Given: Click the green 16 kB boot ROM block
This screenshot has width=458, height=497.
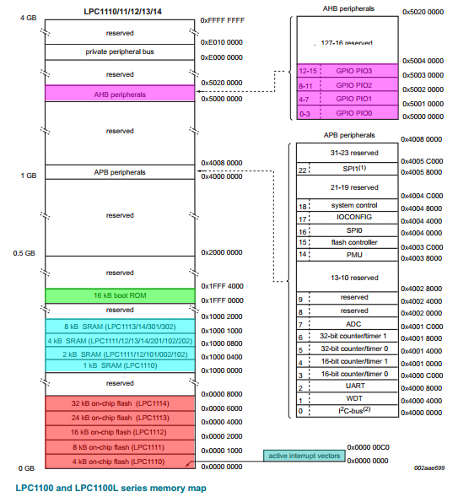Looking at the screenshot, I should coord(120,296).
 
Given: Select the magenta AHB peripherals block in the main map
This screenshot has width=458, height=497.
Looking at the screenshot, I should coord(120,95).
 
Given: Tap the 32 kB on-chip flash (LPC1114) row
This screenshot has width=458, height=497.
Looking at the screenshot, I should coord(120,404).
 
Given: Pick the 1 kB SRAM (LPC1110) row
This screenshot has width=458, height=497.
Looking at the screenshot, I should coord(120,365).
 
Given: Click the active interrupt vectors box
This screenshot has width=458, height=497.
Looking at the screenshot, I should coord(304,456).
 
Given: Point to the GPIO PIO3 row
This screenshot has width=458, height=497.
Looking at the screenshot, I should coord(354,72).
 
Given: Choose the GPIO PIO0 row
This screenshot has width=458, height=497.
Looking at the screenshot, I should coord(354,112).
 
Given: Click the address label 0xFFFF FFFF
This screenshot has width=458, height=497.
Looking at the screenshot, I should coord(223,20).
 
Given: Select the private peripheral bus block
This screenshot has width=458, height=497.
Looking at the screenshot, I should coord(120,51).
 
